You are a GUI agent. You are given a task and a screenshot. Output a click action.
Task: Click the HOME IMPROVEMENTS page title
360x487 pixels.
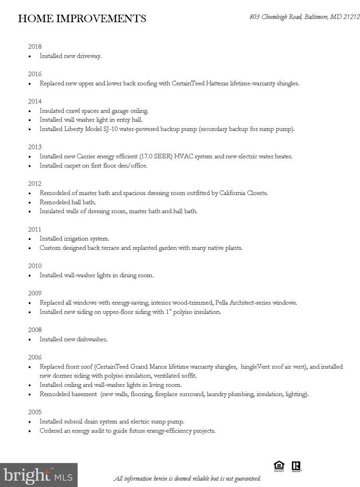[82, 19]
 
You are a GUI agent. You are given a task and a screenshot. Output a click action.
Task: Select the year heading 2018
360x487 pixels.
[35, 46]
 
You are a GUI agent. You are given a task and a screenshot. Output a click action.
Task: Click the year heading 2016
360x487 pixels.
[35, 74]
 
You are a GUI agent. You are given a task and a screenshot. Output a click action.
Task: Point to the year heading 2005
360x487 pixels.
[35, 412]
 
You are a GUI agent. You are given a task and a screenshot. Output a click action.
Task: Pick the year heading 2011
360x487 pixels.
[35, 229]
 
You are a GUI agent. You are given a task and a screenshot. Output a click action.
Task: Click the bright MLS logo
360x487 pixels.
[39, 475]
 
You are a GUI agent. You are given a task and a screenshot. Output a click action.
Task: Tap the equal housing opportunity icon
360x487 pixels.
[279, 466]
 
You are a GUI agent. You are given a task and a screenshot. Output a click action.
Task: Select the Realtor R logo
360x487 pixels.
[297, 466]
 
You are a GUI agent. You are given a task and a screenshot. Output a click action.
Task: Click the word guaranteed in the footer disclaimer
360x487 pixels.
[246, 479]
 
